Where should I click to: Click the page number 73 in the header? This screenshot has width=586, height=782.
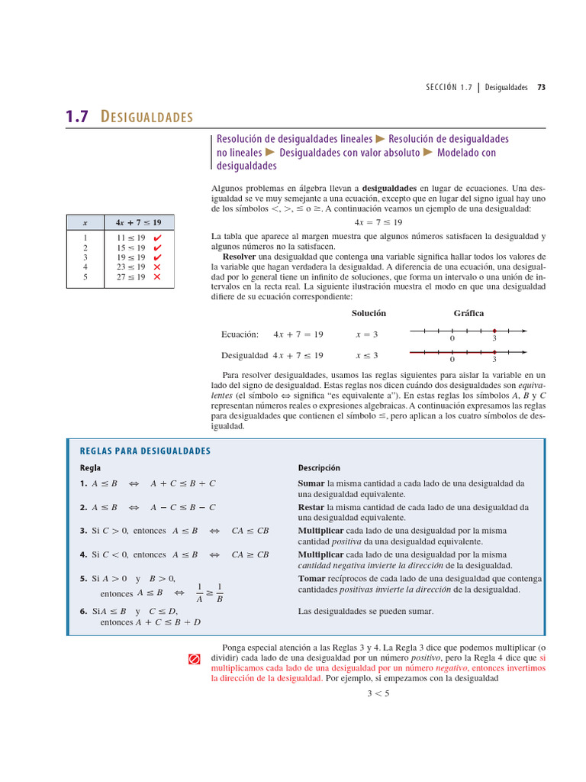coord(541,87)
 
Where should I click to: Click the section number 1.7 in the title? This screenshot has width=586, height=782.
coord(77,117)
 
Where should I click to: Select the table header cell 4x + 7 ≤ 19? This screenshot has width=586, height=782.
coord(138,222)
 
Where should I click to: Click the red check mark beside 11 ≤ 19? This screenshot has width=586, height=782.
coord(157,238)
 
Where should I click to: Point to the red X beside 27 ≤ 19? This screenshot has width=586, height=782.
coord(157,277)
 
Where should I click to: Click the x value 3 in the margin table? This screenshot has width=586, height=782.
coord(85,257)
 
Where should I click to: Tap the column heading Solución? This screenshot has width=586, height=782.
coord(369,313)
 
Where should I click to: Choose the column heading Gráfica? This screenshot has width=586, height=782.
coord(468,313)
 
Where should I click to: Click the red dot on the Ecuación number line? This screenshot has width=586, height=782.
coord(494,331)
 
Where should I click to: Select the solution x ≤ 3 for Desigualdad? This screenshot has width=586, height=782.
coord(367,355)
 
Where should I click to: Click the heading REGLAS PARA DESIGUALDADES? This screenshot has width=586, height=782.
coord(145,451)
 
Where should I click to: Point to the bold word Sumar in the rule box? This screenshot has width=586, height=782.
coord(311,483)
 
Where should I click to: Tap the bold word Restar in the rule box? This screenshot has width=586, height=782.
coord(311,507)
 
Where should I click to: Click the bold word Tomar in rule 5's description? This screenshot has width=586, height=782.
coord(311,578)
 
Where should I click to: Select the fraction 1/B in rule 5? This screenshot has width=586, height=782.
coord(219,593)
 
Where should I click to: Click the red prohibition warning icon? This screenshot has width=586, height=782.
coord(194,658)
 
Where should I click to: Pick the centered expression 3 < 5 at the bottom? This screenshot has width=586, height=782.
coord(378,693)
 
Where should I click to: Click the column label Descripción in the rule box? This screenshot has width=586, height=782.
coord(319,467)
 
